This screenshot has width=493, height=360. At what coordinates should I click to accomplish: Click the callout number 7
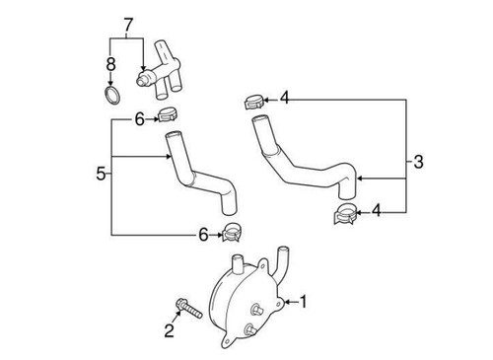point(126,22)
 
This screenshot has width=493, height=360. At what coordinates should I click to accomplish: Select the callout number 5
point(101,175)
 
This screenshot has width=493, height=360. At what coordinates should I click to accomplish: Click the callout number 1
point(305,302)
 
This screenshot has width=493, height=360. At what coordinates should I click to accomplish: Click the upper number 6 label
point(139,119)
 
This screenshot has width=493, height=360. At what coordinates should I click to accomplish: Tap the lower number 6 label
point(203,234)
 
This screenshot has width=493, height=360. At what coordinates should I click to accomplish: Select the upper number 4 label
point(285,97)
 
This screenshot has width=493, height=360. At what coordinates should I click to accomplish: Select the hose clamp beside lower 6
point(233,233)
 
